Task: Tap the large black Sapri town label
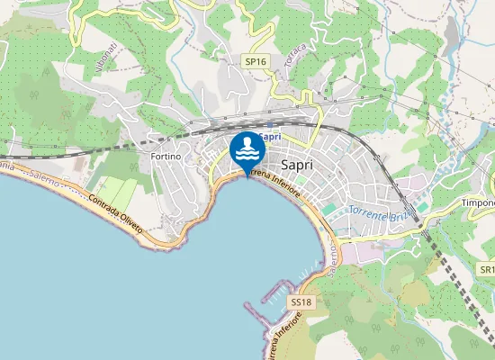[x=297, y=166]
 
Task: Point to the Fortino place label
[x=166, y=157]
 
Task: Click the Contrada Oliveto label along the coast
[x=115, y=213]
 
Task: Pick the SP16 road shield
[x=256, y=61]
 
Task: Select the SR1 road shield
[x=486, y=269]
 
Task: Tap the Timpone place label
[x=478, y=203]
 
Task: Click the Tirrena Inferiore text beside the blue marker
[x=274, y=177]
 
